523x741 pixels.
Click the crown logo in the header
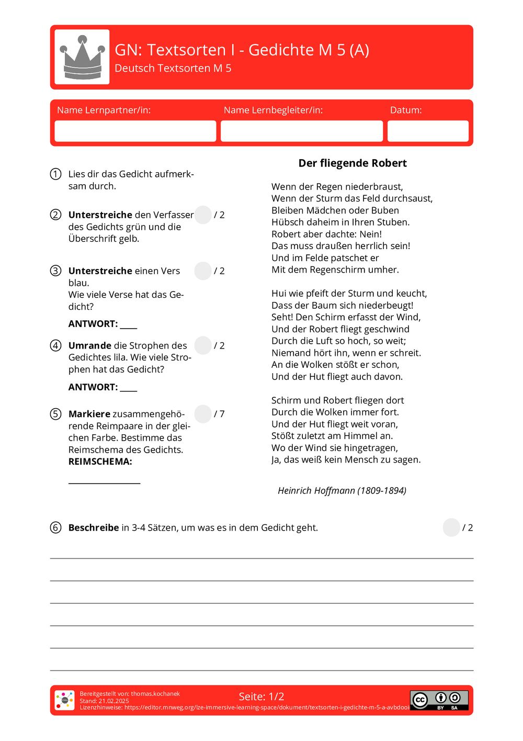pos(82,57)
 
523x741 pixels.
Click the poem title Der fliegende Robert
pos(352,163)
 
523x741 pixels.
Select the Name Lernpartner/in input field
pos(135,131)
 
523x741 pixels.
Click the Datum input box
pos(427,131)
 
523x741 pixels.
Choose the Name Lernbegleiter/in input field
pos(301,131)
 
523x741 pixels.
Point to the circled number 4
pos(55,345)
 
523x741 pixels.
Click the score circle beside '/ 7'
pos(203,414)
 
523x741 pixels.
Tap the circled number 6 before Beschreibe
pos(55,527)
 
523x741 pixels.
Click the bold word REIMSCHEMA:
pos(100,462)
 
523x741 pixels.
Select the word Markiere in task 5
pos(89,414)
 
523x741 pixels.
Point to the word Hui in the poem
pos(279,294)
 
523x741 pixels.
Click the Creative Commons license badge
pos(439,700)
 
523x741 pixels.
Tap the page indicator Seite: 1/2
pos(261,697)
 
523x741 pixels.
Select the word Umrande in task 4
pos(89,345)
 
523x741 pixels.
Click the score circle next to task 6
pos(451,527)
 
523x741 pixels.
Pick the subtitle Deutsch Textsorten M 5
pos(173,69)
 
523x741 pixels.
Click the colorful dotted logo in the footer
pos(65,700)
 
